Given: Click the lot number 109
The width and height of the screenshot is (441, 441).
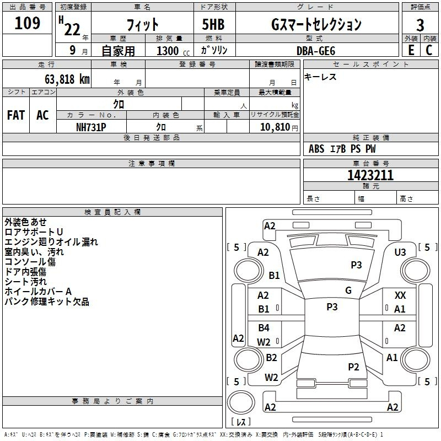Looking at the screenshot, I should point(27,24).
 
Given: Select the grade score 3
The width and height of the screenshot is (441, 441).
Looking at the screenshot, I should point(420,25).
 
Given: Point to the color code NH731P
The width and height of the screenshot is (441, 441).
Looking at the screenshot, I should point(91,126).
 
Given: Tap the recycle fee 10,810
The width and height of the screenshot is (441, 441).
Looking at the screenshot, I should point(274,127).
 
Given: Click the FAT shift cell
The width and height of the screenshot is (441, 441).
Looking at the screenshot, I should point(16,115).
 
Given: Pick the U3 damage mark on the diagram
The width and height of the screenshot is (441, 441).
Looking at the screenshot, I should point(400,252).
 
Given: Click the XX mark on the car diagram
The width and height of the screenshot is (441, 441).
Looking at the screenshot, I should point(400,296).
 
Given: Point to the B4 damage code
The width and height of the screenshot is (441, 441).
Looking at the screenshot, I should point(264,328).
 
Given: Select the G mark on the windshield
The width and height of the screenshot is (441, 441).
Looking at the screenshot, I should point(348,291).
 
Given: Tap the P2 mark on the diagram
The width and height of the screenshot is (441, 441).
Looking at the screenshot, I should point(353,367).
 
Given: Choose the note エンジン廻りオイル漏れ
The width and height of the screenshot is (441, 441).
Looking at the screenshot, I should point(51,242).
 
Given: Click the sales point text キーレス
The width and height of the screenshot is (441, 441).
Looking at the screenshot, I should point(321,77).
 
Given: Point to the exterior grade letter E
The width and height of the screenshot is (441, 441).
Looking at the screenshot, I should point(411,50).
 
